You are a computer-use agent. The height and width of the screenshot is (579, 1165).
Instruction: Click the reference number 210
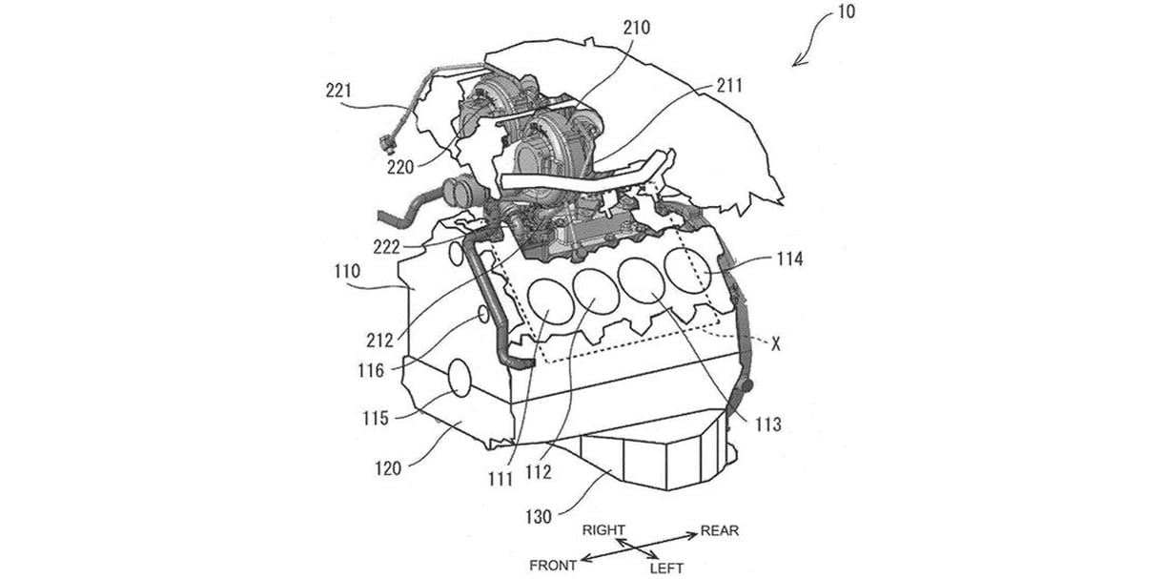pyautogui.click(x=637, y=28)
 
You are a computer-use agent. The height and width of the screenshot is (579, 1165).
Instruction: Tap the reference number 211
pyautogui.click(x=729, y=86)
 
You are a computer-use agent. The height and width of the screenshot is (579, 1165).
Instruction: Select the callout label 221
pyautogui.click(x=338, y=91)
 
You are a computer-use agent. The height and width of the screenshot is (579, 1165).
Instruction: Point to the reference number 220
pyautogui.click(x=400, y=168)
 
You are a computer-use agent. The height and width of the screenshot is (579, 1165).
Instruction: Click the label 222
pyautogui.click(x=386, y=247)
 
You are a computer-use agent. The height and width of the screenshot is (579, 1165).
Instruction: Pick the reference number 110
pyautogui.click(x=347, y=271)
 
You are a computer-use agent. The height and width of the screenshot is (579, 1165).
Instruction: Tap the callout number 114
pyautogui.click(x=789, y=259)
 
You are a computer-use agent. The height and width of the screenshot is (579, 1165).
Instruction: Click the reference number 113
pyautogui.click(x=768, y=425)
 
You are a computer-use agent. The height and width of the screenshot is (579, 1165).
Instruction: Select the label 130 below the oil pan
pyautogui.click(x=538, y=517)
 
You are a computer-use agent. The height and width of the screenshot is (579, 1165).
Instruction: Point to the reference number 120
pyautogui.click(x=388, y=469)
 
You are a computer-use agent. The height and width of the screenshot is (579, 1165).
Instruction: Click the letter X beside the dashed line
pyautogui.click(x=775, y=343)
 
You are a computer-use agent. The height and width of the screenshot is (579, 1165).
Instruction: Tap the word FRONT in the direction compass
pyautogui.click(x=553, y=565)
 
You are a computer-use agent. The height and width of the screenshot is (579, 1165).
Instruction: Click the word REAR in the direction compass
pyautogui.click(x=719, y=531)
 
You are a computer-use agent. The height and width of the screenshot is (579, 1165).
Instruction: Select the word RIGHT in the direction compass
pyautogui.click(x=603, y=530)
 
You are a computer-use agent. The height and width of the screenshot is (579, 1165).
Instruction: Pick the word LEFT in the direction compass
pyautogui.click(x=666, y=569)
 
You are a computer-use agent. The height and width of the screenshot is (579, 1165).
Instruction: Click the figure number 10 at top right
pyautogui.click(x=847, y=12)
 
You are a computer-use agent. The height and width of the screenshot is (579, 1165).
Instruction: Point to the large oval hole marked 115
pyautogui.click(x=95, y=378)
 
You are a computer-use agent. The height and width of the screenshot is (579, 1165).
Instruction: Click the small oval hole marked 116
pyautogui.click(x=119, y=315)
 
